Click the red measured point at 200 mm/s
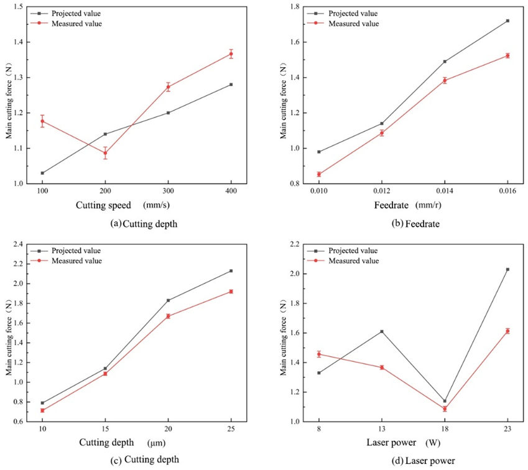click(105, 153)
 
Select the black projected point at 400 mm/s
click(231, 85)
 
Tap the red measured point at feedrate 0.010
click(319, 175)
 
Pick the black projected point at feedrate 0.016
click(507, 21)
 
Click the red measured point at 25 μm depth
click(231, 292)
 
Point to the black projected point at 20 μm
click(168, 300)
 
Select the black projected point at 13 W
click(382, 331)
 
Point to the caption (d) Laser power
click(413, 459)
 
